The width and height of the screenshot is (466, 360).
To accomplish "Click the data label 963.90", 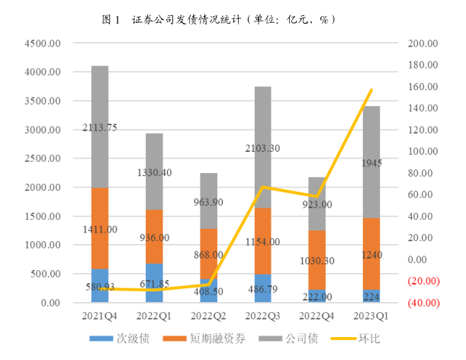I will click(208, 202).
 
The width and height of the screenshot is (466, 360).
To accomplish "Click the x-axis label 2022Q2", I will click(208, 313).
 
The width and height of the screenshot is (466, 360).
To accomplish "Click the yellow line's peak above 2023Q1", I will click(371, 90).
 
